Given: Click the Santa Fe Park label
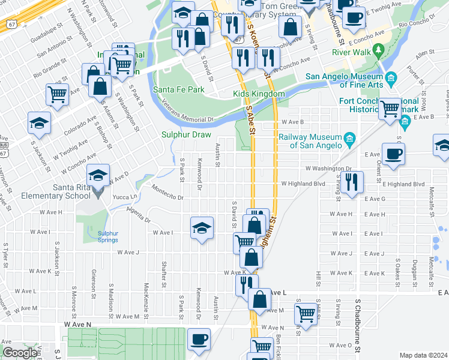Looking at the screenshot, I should [178, 89].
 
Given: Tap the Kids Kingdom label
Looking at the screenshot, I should [259, 94].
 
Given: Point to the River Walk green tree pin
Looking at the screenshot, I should [378, 49].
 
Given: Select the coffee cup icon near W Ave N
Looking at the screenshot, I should [198, 340].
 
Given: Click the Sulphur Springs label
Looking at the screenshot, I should [108, 236].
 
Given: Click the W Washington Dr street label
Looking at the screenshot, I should [328, 169].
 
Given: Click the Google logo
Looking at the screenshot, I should [20, 353].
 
